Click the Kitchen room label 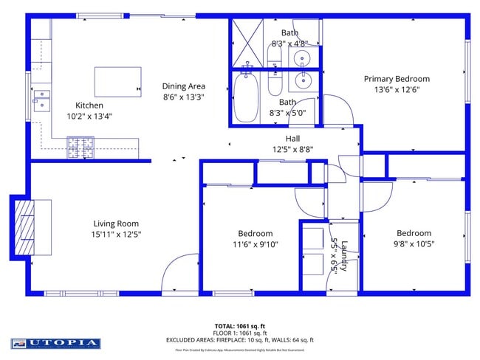point(90,105)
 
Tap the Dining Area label point(184,86)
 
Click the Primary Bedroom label point(396,79)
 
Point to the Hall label point(292,138)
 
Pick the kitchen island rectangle point(117,81)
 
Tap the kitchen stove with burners point(81,148)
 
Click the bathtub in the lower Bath point(247,95)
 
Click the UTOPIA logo point(55,343)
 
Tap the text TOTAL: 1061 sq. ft point(239,325)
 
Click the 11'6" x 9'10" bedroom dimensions point(255,244)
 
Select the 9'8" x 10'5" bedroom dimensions point(414,244)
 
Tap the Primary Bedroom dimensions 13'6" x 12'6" point(396,90)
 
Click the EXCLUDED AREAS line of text point(239,340)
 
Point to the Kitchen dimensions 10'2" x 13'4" point(90,116)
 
